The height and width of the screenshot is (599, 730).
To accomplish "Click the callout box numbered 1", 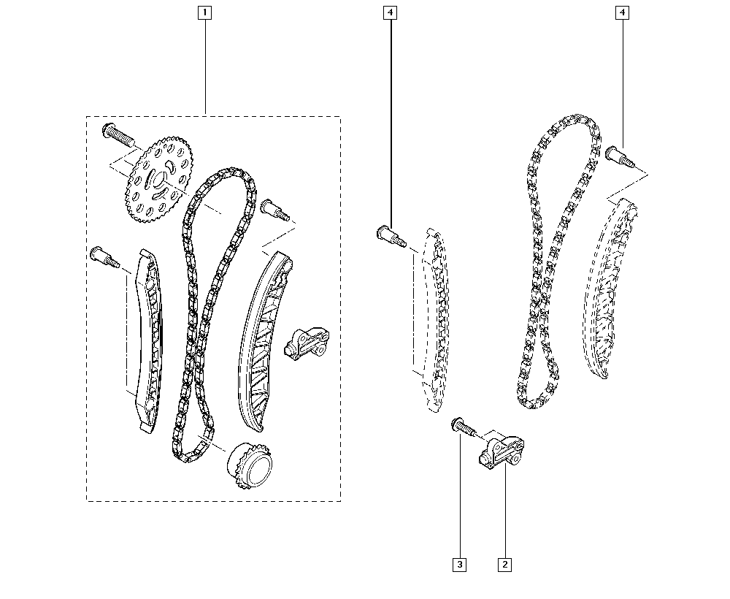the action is [x=205, y=12].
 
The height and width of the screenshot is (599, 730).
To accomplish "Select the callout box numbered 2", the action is [x=504, y=565].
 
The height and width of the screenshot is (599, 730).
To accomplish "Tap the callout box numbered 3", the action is [x=459, y=565].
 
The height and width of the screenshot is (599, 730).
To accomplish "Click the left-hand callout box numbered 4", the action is [x=390, y=12].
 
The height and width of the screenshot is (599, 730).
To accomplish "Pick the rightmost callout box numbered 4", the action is [x=623, y=12].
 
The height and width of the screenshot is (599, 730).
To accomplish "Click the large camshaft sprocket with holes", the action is [x=160, y=179].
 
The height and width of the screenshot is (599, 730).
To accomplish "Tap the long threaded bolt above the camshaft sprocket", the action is [x=118, y=134].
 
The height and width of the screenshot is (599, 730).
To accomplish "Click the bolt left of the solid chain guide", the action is [x=104, y=257].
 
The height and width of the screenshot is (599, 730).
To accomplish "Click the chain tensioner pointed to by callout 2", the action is [x=502, y=452].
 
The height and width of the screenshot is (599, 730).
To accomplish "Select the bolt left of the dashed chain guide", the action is [x=391, y=236].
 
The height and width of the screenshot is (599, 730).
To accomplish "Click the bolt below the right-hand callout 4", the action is [x=620, y=156].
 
